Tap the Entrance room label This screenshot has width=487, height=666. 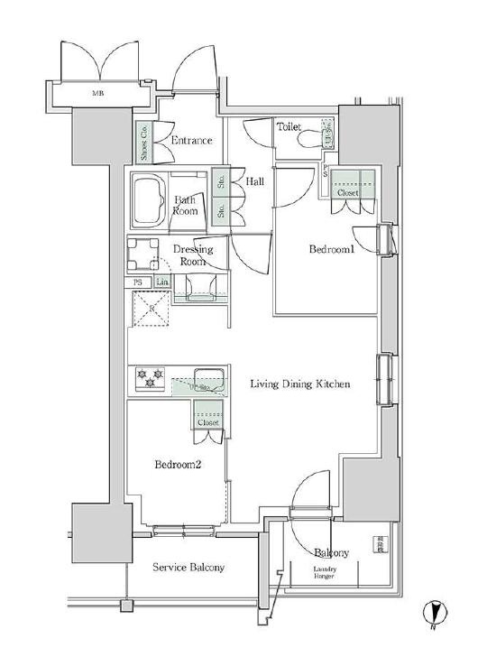coord(190,140)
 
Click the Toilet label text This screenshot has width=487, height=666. coord(289,127)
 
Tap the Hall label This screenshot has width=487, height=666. coord(255,181)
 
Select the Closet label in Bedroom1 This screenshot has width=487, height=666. coord(348,192)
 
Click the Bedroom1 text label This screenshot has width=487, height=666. coord(331,249)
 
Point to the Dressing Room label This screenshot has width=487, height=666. coord(192,254)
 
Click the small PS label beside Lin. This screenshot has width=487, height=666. coord(138,282)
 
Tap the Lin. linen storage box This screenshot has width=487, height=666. coord(162,282)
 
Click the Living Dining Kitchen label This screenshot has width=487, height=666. coord(299,384)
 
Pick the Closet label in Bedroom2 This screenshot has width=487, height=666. coord(207,421)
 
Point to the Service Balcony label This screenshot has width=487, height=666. coord(188,568)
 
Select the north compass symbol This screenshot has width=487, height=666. coord(433,614)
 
